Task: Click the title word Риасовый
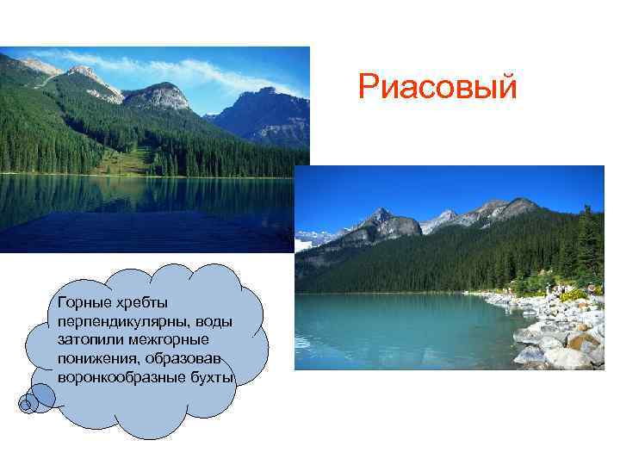tap(437, 87)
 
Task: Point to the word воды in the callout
tap(215, 321)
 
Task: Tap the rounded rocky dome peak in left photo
tap(158, 96)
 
